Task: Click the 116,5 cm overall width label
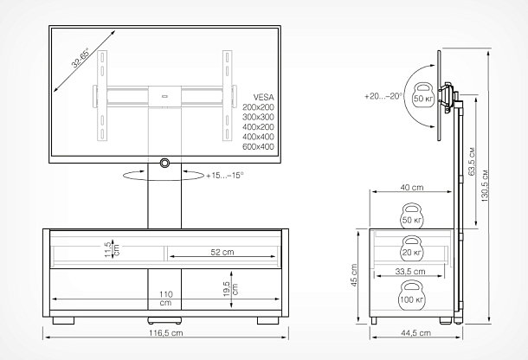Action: click(x=165, y=333)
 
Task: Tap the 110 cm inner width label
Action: click(x=165, y=299)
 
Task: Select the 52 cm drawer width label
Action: click(x=222, y=252)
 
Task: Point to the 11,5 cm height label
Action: click(x=113, y=249)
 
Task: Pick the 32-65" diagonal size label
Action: click(x=80, y=58)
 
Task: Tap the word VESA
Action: click(x=263, y=97)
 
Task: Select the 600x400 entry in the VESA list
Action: click(x=258, y=147)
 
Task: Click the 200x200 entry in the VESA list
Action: click(x=258, y=107)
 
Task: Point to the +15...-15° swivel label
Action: click(x=225, y=176)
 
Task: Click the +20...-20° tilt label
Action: click(x=383, y=96)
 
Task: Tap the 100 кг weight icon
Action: click(x=412, y=296)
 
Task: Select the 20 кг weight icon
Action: click(x=411, y=248)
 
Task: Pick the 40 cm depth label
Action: click(x=412, y=187)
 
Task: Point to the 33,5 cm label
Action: click(x=409, y=271)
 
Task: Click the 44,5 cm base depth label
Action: click(x=415, y=333)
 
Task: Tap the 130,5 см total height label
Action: click(x=485, y=185)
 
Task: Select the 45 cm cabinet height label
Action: click(x=353, y=275)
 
